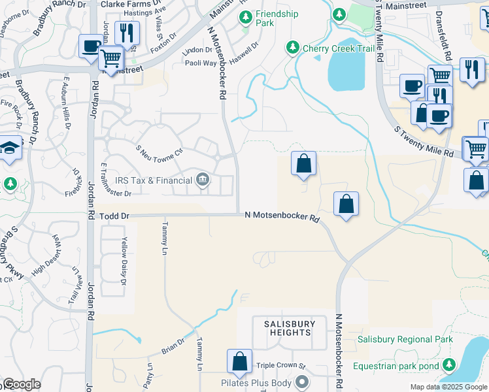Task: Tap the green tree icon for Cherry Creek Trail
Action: point(292,48)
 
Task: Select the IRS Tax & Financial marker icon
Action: point(203,180)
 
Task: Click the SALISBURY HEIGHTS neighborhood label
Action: point(290,328)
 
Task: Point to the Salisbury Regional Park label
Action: point(405,340)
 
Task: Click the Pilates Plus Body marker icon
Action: point(301,381)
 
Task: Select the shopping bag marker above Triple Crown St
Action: point(240,361)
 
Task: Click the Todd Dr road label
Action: point(114,216)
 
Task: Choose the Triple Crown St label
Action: point(281,367)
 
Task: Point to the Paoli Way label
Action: point(200,63)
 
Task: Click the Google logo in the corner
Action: point(22,384)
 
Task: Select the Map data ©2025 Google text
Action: point(448,387)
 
